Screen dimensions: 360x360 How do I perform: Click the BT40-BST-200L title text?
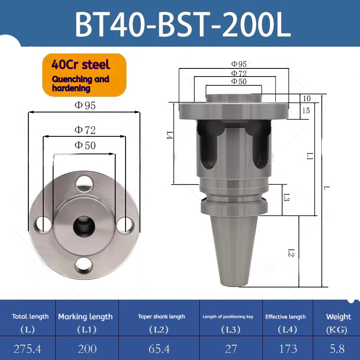[x=183, y=24]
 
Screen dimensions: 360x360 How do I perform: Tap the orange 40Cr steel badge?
[x=84, y=75]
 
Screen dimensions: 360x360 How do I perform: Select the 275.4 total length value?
[x=27, y=349]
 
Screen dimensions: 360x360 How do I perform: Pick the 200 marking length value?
[x=87, y=349]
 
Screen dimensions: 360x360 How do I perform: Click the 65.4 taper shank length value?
[x=159, y=349]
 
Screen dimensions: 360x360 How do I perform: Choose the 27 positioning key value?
[x=231, y=349]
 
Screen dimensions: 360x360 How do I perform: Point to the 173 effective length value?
[x=288, y=349]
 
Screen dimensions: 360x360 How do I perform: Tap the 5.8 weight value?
[x=337, y=349]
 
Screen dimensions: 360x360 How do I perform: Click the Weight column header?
[x=338, y=317]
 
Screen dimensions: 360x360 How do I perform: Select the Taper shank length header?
[x=162, y=317]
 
